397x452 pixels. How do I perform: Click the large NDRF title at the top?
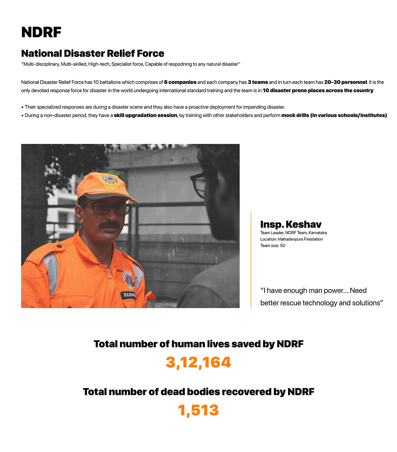point(41,32)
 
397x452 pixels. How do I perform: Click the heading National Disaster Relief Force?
point(93,53)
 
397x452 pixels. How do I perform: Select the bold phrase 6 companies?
point(180,82)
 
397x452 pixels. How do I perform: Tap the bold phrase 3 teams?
point(258,82)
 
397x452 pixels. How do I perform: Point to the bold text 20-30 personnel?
point(345,82)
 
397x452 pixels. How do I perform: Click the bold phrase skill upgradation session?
point(145,115)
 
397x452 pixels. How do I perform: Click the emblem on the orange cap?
point(109,179)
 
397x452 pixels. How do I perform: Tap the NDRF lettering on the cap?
point(112,188)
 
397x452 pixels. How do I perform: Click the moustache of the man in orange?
point(109,224)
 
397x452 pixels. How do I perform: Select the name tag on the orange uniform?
point(129,295)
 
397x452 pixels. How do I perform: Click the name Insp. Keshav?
point(291,224)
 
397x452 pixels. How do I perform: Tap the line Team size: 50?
point(273,246)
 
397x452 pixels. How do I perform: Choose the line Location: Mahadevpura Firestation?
point(291,239)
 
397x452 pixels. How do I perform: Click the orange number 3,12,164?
point(198,363)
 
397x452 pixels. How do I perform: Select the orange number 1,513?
point(198,411)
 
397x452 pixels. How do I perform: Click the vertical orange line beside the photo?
point(251,260)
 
